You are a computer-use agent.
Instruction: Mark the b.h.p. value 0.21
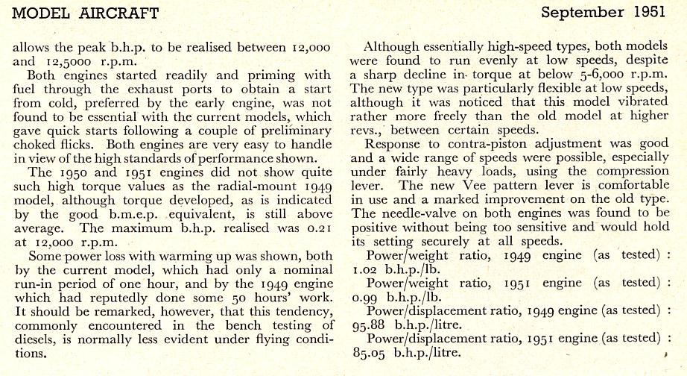(317, 228)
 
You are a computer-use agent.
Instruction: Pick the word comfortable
(633, 187)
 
